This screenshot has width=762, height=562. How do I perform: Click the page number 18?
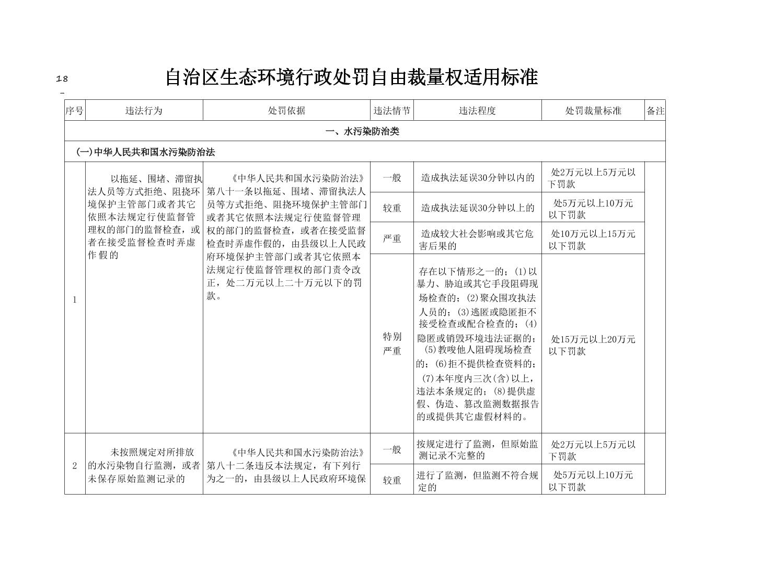click(62, 79)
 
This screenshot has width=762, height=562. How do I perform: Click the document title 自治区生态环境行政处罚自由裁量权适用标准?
click(351, 77)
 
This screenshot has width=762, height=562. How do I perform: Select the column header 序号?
click(74, 111)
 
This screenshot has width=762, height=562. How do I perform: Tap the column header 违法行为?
click(144, 111)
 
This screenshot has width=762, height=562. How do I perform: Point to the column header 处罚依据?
click(286, 111)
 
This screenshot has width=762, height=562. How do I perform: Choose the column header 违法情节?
click(391, 111)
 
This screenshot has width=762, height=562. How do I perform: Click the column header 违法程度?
click(477, 111)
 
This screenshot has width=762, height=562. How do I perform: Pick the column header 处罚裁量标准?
click(593, 111)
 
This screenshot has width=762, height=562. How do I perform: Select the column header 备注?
click(655, 111)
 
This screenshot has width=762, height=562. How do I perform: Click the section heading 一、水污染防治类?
click(362, 131)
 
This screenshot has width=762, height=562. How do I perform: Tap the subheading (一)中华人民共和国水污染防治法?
click(146, 152)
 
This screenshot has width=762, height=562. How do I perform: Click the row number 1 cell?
click(75, 300)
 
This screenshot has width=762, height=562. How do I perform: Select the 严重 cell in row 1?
click(392, 239)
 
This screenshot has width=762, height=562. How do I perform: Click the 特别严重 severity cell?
click(392, 343)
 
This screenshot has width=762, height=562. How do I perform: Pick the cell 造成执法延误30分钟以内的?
click(478, 178)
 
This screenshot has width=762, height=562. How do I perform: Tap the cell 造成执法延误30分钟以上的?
click(478, 208)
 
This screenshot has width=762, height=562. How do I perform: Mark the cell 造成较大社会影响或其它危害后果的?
click(477, 239)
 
